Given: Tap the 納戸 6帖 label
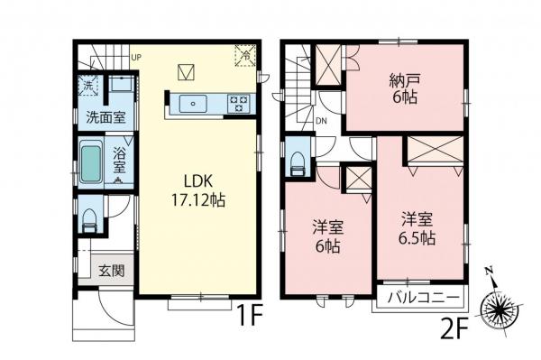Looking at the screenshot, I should click(x=405, y=88).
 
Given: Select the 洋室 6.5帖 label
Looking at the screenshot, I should click(x=418, y=228).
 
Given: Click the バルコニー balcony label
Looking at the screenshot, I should click(x=419, y=298).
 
